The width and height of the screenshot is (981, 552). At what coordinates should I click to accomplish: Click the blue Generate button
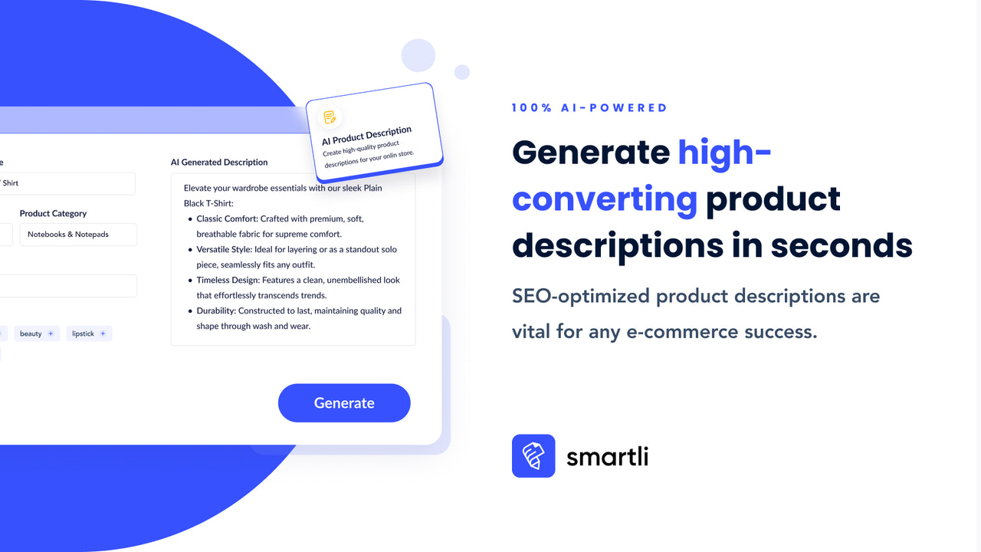pyautogui.click(x=344, y=403)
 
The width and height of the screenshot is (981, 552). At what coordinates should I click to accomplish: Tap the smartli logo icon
pyautogui.click(x=533, y=456)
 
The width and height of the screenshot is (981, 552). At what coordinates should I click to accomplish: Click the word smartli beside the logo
pyautogui.click(x=607, y=456)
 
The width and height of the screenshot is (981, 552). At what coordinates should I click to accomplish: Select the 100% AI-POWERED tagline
pyautogui.click(x=589, y=108)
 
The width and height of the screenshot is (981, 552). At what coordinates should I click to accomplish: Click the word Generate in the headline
pyautogui.click(x=591, y=153)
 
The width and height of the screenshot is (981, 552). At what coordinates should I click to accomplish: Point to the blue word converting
pyautogui.click(x=605, y=199)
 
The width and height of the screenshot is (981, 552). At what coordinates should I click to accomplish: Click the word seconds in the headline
pyautogui.click(x=842, y=245)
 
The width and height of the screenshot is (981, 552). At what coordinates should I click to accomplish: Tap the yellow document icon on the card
pyautogui.click(x=330, y=117)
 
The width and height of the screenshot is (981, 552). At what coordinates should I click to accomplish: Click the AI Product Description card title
pyautogui.click(x=366, y=136)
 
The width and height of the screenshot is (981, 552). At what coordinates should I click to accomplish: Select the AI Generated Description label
pyautogui.click(x=219, y=163)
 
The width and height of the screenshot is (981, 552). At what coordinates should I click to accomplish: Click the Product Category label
pyautogui.click(x=53, y=214)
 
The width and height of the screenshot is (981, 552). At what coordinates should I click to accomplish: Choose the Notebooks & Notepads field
pyautogui.click(x=78, y=235)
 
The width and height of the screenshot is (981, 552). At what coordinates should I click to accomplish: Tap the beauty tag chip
pyautogui.click(x=36, y=333)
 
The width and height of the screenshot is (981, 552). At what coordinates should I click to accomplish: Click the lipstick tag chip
pyautogui.click(x=89, y=333)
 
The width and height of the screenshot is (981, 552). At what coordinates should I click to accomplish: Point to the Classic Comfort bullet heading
pyautogui.click(x=227, y=219)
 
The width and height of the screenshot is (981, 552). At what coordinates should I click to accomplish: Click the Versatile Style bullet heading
pyautogui.click(x=224, y=250)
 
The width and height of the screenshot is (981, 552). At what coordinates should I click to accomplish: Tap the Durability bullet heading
pyautogui.click(x=216, y=311)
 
